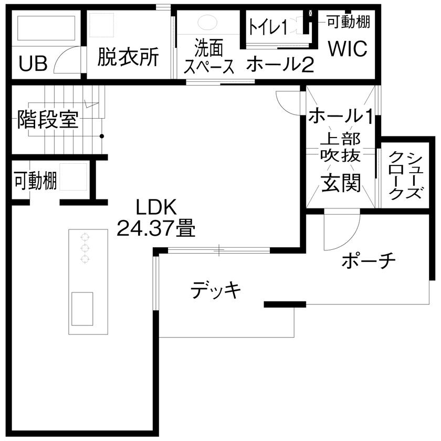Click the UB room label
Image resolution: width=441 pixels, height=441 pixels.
[33, 64]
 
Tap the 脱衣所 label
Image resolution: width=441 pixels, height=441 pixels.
[128, 57]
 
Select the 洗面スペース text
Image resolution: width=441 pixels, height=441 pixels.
[209, 57]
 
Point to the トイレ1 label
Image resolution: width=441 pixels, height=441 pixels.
[267, 26]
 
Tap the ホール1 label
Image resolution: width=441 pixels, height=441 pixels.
[341, 115]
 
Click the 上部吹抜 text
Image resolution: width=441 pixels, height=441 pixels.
[340, 147]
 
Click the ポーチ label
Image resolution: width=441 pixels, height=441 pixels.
[367, 260]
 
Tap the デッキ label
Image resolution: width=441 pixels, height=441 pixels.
[216, 290]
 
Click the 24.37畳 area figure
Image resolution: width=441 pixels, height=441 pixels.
[156, 228]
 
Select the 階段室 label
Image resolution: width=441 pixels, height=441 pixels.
[48, 120]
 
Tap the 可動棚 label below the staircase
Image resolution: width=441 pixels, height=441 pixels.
[35, 181]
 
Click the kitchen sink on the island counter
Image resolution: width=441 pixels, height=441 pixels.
[82, 309]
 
